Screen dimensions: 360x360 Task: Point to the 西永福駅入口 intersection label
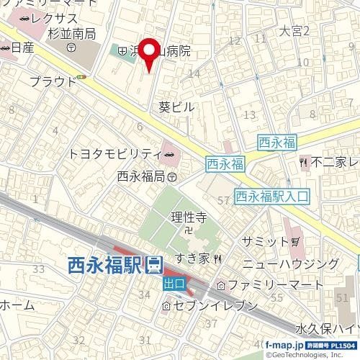click(271, 194)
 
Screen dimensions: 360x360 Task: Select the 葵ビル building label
click(176, 106)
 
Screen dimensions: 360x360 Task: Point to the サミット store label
click(274, 240)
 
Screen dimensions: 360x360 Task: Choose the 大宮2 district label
click(294, 31)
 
